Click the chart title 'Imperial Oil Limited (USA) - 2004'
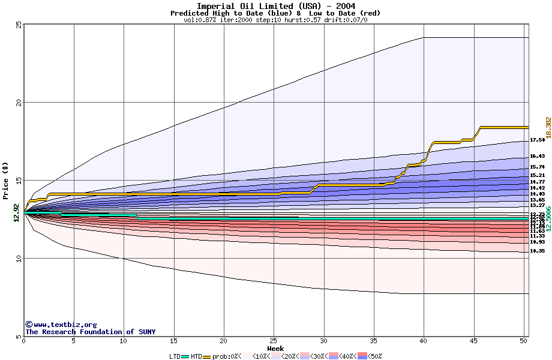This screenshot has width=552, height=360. click(x=275, y=6)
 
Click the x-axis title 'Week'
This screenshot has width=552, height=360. click(x=275, y=349)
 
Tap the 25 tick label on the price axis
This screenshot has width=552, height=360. click(x=19, y=24)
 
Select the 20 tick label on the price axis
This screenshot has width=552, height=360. click(x=19, y=102)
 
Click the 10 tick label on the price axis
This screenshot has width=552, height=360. click(x=19, y=258)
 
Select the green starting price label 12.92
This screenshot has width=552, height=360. click(x=16, y=212)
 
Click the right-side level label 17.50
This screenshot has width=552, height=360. click(x=537, y=140)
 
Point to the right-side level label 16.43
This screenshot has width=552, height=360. click(x=537, y=156)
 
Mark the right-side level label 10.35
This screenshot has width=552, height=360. click(x=537, y=251)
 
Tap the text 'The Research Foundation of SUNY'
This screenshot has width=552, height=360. click(x=90, y=332)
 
